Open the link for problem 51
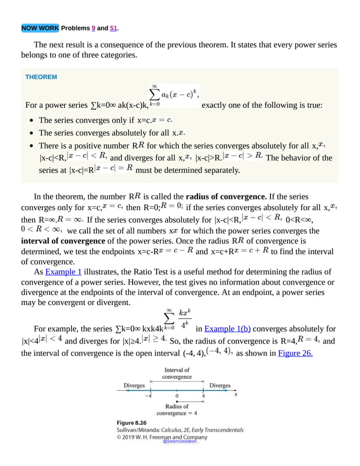[113, 28]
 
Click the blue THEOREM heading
[41, 77]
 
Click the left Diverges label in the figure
[134, 386]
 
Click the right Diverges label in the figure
[219, 386]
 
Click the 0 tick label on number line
[177, 395]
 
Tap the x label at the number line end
[236, 394]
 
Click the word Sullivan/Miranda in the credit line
[138, 429]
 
